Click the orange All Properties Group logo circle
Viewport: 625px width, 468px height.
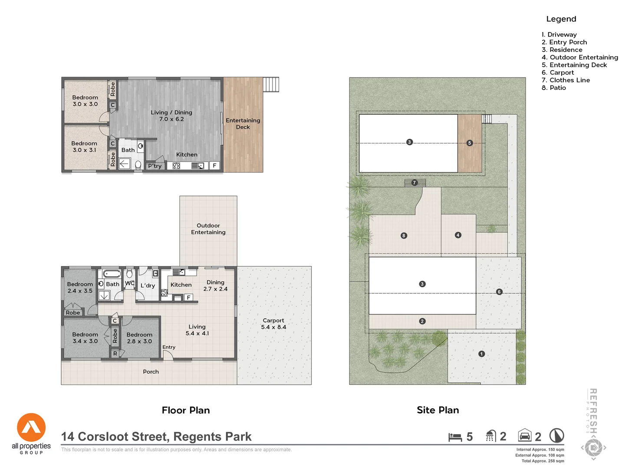pos(31,427)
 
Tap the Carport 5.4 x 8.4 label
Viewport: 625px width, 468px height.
pos(273,324)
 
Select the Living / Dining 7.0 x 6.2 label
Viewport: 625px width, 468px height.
pos(171,116)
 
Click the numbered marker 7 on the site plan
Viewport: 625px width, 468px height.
pos(414,183)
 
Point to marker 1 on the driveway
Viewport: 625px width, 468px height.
pos(481,354)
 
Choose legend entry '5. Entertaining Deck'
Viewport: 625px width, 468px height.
pos(574,65)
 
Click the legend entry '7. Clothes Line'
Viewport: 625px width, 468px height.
pos(566,80)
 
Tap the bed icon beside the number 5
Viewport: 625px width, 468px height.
pos(455,437)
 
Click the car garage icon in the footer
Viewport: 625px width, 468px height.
pos(525,435)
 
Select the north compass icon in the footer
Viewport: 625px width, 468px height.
pos(556,435)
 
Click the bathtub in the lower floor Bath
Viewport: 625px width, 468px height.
pos(112,274)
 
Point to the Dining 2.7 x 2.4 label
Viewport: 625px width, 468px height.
pos(215,286)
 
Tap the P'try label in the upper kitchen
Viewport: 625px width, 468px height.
pos(155,166)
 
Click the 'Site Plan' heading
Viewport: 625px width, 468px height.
pos(437,410)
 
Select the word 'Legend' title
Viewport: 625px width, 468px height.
pos(561,19)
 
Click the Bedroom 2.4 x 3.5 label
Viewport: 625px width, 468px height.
pos(80,288)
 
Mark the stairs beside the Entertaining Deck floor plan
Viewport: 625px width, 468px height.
pos(271,84)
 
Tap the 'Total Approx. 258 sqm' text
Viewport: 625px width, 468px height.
pos(543,461)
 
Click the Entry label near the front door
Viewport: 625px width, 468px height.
pos(169,348)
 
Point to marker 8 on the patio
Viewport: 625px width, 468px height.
pos(404,236)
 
